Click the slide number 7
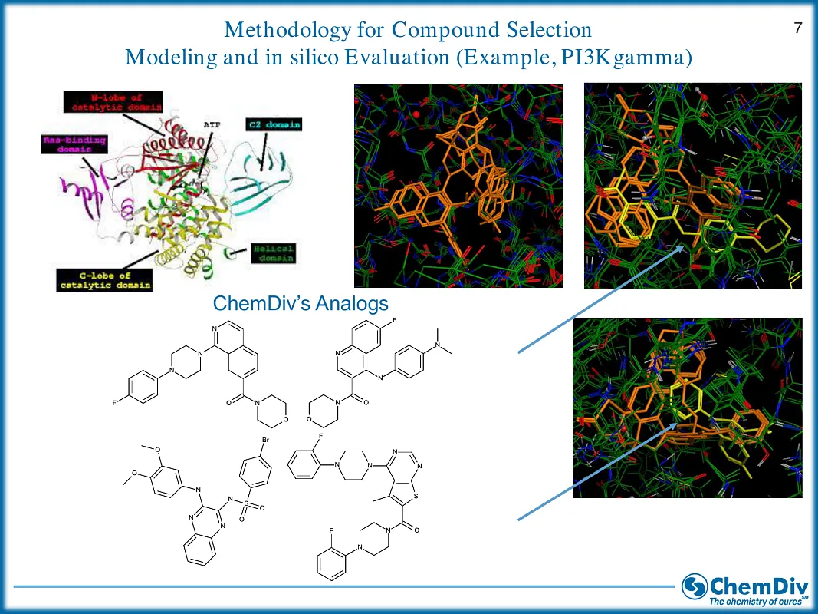pyautogui.click(x=797, y=29)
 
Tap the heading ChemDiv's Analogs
pyautogui.click(x=301, y=304)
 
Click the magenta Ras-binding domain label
pyautogui.click(x=74, y=145)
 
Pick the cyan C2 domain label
pyautogui.click(x=273, y=124)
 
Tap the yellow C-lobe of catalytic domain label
pyautogui.click(x=104, y=280)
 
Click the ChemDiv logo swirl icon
pyautogui.click(x=695, y=586)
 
